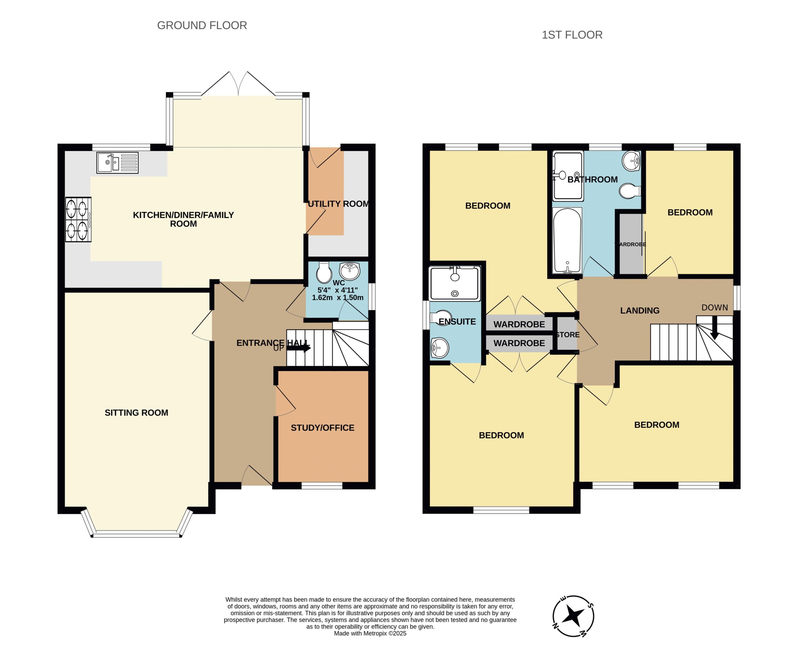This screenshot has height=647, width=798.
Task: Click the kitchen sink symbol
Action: [117, 162]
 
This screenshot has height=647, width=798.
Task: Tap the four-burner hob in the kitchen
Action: [78, 220]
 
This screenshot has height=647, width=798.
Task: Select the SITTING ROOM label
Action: [136, 413]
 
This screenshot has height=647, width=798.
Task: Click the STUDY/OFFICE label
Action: [323, 428]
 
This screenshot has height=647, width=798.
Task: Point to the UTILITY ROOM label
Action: [338, 204]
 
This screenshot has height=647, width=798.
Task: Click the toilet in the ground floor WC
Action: [324, 272]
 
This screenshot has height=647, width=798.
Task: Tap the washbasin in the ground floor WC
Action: [350, 271]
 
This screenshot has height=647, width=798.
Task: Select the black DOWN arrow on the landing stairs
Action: [714, 328]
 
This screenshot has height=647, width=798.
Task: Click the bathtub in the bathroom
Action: [567, 241]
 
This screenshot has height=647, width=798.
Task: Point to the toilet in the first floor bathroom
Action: [630, 191]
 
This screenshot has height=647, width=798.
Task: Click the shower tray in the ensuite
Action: [454, 283]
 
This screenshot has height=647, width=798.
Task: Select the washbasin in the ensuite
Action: [440, 348]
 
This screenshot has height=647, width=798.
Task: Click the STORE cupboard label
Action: [567, 335]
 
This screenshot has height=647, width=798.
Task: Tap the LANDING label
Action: [640, 311]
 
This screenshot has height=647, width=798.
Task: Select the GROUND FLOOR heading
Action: [202, 25]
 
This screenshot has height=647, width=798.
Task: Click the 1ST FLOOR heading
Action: [572, 35]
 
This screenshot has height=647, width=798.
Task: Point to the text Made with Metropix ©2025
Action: [370, 633]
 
